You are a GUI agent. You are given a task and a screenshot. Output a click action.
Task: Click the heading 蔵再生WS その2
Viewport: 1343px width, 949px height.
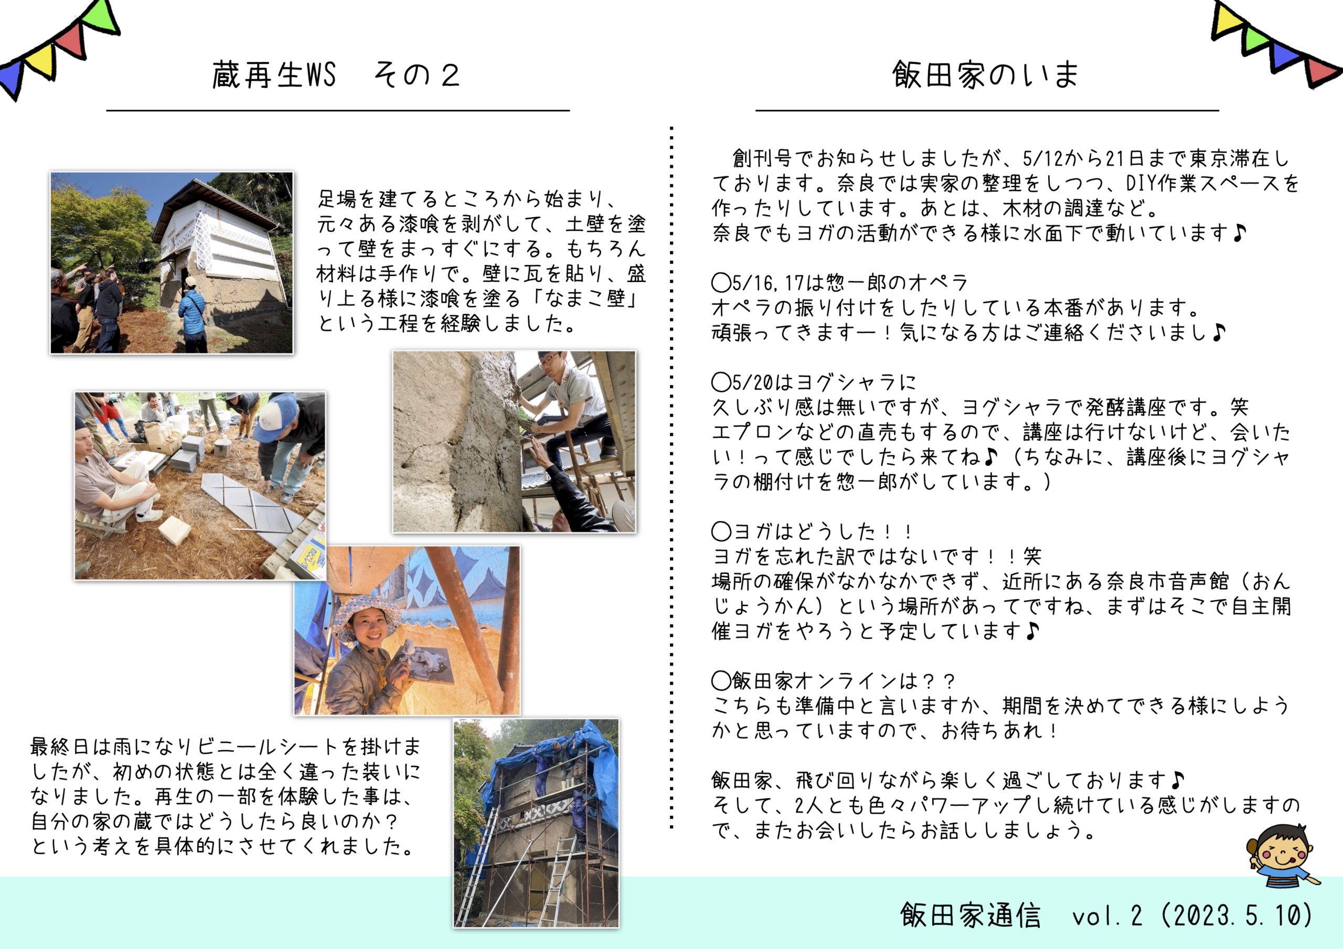click(x=336, y=76)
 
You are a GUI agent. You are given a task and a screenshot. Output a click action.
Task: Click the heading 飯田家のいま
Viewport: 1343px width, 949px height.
click(x=986, y=76)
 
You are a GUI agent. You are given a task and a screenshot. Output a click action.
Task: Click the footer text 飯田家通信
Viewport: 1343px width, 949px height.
click(x=971, y=915)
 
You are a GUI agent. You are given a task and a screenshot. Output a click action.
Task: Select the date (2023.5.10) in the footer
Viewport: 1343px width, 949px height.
click(x=1238, y=915)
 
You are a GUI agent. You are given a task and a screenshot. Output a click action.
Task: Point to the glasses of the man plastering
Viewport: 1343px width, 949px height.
click(x=549, y=361)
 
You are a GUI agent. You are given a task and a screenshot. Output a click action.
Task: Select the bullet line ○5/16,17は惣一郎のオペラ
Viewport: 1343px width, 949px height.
click(x=839, y=283)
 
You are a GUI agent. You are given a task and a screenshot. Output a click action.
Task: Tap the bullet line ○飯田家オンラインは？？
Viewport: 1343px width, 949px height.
click(x=834, y=681)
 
